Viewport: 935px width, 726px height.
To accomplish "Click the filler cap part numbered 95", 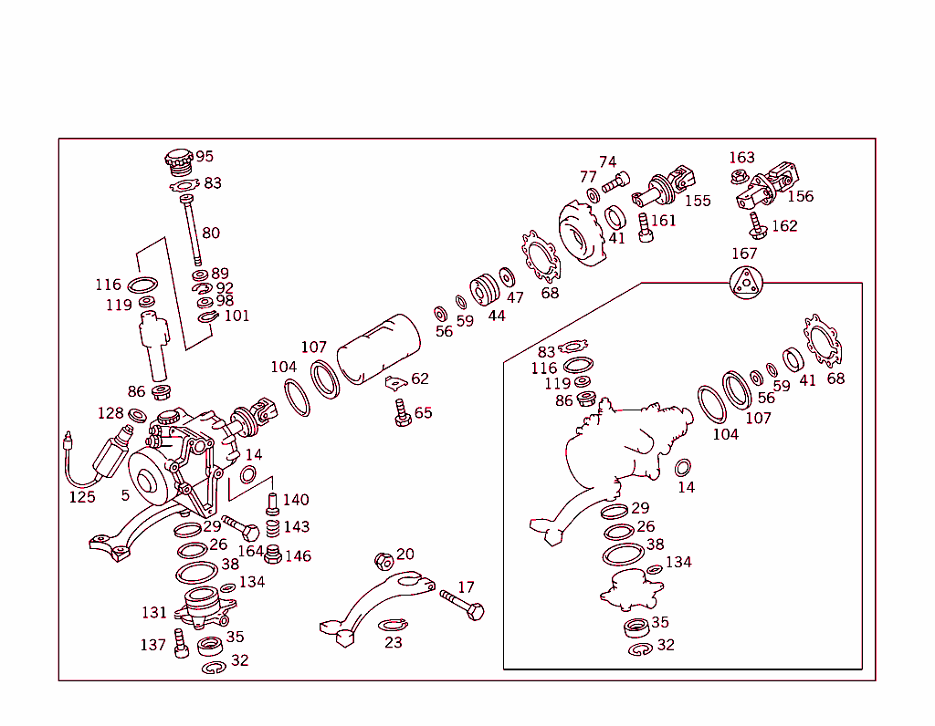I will coord(179,161).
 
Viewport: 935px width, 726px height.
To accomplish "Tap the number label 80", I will coord(211,233).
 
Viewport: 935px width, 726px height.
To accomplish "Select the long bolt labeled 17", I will coord(461,604).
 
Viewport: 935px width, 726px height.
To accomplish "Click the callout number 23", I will coord(394,642).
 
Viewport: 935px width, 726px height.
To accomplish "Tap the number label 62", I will coord(420,379).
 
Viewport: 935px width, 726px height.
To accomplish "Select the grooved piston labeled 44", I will coord(485,290).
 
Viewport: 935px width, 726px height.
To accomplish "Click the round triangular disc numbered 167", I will coord(745,282).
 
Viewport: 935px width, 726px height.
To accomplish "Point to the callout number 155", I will coord(698,201).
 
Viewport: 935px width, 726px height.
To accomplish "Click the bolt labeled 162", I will coord(757,225).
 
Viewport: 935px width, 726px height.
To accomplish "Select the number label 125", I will coord(82,497).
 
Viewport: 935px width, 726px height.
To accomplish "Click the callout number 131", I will coord(154,612).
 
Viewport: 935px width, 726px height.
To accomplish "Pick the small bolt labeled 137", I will coord(181,643).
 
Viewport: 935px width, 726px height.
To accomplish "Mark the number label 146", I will coord(298,555).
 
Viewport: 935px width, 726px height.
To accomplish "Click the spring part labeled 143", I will coord(271,529).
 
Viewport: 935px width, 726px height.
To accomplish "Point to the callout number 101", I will coord(236,316).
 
